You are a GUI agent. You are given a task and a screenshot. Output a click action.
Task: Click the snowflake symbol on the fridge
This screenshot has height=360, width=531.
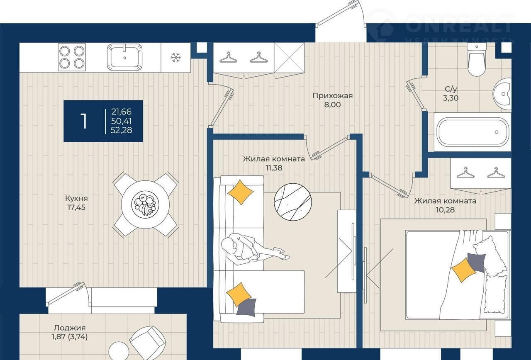click(176, 58)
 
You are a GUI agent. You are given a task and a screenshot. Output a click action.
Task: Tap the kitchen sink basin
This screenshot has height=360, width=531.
click(125, 57)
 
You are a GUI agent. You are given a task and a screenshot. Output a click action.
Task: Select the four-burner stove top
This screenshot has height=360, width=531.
click(72, 57)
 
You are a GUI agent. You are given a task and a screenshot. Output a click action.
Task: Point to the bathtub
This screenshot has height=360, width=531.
click(473, 132)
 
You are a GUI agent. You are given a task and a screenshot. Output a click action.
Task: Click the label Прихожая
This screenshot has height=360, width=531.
click(332, 96)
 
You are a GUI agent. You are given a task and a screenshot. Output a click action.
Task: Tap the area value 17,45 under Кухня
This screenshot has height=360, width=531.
click(76, 207)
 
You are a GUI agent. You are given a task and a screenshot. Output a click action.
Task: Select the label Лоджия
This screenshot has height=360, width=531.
click(69, 328)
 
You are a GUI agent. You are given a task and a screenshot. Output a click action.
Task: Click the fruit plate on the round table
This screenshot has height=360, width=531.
click(145, 204)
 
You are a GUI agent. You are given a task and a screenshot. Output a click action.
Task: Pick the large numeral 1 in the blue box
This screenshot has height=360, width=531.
click(84, 121)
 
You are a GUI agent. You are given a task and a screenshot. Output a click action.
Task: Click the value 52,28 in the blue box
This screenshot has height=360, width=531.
click(122, 130)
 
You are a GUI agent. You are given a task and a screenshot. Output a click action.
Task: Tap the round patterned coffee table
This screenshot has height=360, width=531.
click(293, 202)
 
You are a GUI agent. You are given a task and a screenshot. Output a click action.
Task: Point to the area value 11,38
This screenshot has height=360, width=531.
click(274, 168)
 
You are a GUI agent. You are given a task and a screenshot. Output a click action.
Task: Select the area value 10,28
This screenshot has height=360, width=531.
click(445, 210)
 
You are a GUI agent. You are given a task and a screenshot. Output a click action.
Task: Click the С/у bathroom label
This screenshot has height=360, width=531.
click(451, 89)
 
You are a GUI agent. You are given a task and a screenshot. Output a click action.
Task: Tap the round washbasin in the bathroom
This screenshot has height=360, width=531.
click(502, 94)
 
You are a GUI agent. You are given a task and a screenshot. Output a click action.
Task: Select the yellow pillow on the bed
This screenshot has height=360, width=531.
click(464, 270)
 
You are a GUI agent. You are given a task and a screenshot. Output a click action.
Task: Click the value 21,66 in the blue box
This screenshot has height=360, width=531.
click(122, 112)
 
